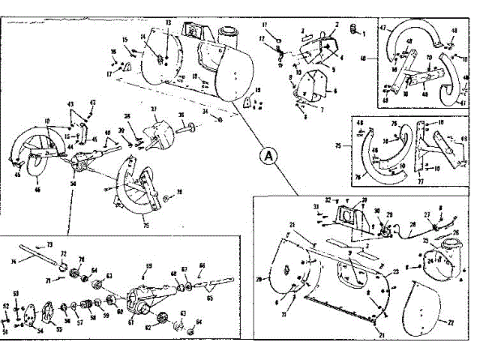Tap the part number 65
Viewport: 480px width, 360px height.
pos(208,298)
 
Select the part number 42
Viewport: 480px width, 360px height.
pos(93,102)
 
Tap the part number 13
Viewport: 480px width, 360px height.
pos(168,23)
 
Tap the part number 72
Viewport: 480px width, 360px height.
pos(63,254)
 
